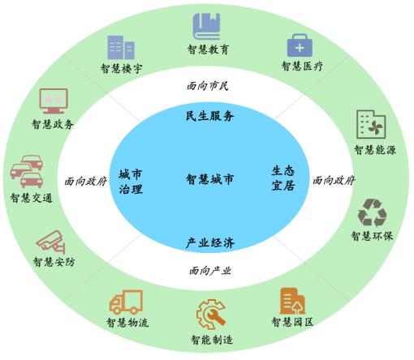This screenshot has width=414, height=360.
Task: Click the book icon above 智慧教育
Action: (206, 27)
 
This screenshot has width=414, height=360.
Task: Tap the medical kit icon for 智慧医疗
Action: (300, 45)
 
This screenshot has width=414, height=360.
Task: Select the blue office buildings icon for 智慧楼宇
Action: (121, 48)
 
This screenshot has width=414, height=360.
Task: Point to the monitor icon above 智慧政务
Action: (54, 101)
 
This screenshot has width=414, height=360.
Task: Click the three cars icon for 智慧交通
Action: (27, 171)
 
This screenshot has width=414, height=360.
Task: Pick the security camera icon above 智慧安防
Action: (51, 242)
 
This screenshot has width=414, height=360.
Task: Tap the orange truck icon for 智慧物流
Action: (126, 302)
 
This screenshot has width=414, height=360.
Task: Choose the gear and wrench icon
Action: (211, 314)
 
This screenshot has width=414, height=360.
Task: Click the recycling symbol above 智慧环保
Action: (372, 213)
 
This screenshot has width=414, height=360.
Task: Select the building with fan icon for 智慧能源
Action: (371, 124)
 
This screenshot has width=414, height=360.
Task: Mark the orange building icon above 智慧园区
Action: (292, 302)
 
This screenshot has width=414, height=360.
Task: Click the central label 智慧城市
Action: (209, 179)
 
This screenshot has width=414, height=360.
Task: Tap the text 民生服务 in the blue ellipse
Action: (209, 116)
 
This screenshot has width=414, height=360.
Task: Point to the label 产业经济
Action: (210, 242)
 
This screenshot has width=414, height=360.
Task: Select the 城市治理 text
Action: (131, 182)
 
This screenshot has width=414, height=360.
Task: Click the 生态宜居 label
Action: (283, 178)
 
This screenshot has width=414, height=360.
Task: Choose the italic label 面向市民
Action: (208, 86)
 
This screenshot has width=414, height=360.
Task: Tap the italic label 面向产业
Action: (210, 271)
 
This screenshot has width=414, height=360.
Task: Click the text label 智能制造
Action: (212, 340)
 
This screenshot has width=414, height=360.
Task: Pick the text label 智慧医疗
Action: (302, 66)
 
